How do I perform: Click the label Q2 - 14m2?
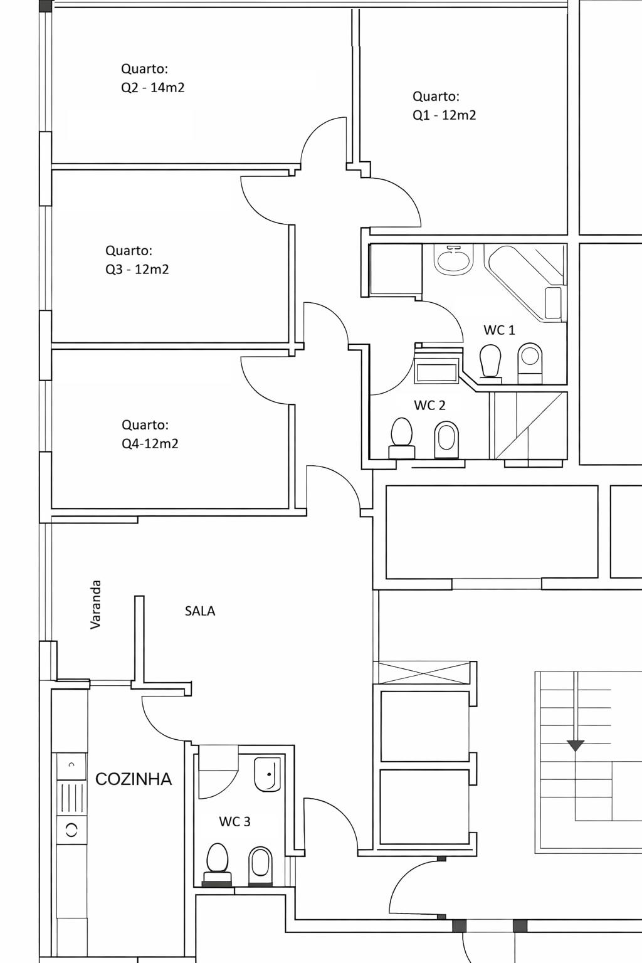click(x=152, y=88)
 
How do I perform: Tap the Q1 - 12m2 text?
click(x=445, y=115)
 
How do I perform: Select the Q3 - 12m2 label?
click(x=137, y=270)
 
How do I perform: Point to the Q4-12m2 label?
click(x=150, y=444)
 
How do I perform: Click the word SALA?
click(x=200, y=611)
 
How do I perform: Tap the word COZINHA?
click(x=134, y=779)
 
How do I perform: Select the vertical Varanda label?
click(x=95, y=605)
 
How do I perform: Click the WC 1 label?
click(x=499, y=330)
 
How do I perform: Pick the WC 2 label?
click(x=429, y=405)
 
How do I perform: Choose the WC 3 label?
click(x=234, y=821)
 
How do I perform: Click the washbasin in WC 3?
click(x=267, y=774)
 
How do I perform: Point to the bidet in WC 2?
click(x=446, y=439)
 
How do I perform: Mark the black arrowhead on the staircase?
click(x=576, y=745)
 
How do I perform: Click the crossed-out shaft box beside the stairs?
click(x=424, y=673)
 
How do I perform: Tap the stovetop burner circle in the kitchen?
click(x=71, y=830)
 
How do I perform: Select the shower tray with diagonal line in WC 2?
click(x=529, y=426)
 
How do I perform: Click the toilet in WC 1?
click(x=491, y=362)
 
